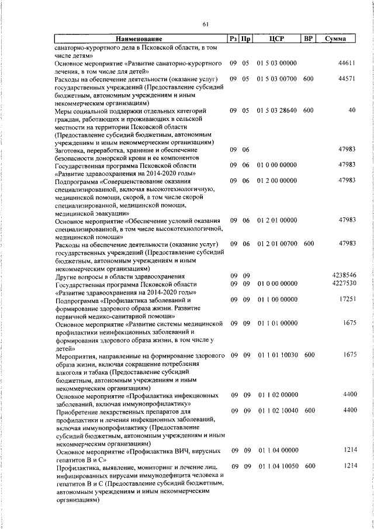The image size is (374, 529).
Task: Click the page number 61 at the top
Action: point(205,24)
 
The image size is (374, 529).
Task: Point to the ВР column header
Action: point(309,39)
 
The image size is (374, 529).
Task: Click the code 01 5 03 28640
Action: point(276,110)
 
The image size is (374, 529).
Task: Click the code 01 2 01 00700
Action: point(276,244)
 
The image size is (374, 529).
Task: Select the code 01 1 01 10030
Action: point(276,355)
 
